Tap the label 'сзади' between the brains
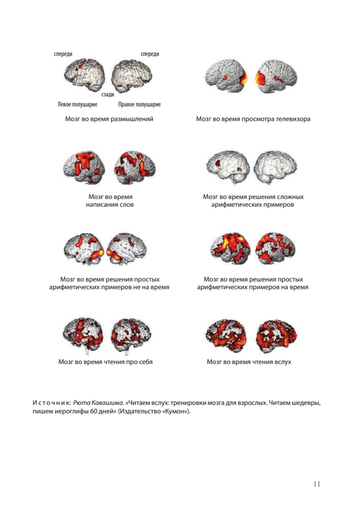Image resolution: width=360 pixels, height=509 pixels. (108, 95)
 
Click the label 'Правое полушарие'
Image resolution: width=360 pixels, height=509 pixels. (139, 104)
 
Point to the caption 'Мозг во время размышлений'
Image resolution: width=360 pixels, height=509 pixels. (109, 119)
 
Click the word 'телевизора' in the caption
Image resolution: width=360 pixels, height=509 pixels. (293, 119)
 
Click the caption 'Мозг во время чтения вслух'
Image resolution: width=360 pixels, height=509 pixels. (249, 362)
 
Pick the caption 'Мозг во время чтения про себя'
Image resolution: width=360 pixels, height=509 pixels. (105, 362)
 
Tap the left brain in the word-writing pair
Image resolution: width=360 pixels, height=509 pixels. (85, 166)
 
